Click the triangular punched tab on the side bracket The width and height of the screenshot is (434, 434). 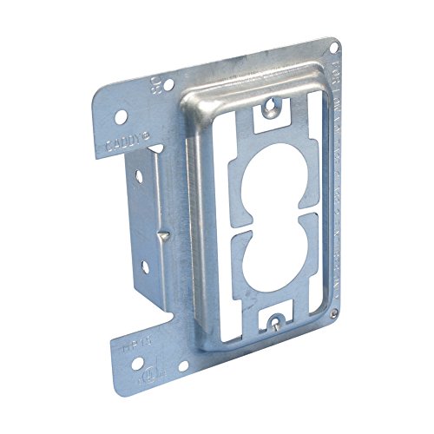[161, 236]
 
